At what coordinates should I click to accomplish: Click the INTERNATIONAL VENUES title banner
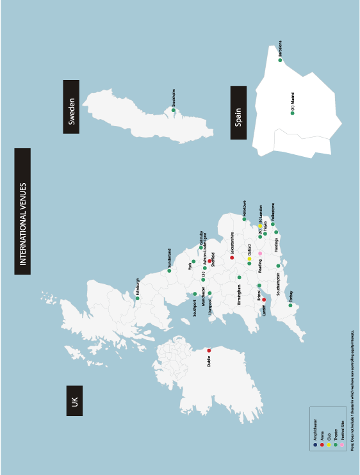[x=22, y=211]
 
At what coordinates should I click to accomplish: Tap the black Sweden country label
[x=71, y=106]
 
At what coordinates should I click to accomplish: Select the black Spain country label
[x=238, y=113]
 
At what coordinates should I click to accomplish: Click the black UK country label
[x=74, y=401]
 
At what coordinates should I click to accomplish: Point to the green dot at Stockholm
[x=173, y=109]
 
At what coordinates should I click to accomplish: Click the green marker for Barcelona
[x=280, y=60]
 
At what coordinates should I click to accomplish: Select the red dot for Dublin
[x=209, y=350]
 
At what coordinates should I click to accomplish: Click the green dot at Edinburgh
[x=137, y=298]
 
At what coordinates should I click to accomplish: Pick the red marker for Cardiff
[x=264, y=299]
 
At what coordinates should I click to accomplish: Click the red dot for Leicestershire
[x=232, y=258]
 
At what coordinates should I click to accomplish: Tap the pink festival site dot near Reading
[x=260, y=254]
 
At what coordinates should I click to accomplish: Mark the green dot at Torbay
[x=290, y=305]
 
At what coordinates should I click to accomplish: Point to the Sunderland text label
[x=169, y=257]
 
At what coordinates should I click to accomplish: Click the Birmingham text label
[x=240, y=294]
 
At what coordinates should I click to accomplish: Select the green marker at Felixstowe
[x=244, y=219]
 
